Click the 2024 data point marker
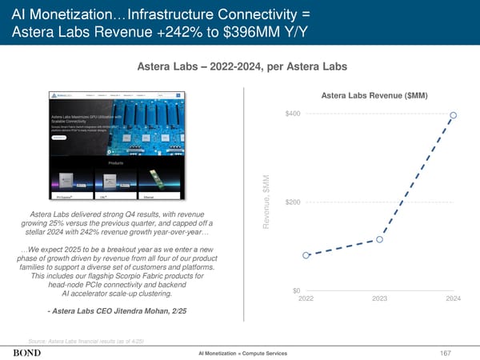(454, 115)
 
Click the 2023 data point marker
(381, 238)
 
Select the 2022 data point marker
(306, 255)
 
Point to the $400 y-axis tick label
(293, 113)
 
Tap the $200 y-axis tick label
(293, 201)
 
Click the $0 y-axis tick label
(297, 290)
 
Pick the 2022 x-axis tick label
(306, 298)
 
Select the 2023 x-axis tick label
(381, 298)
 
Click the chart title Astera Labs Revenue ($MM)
(374, 96)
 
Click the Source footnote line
(86, 339)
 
